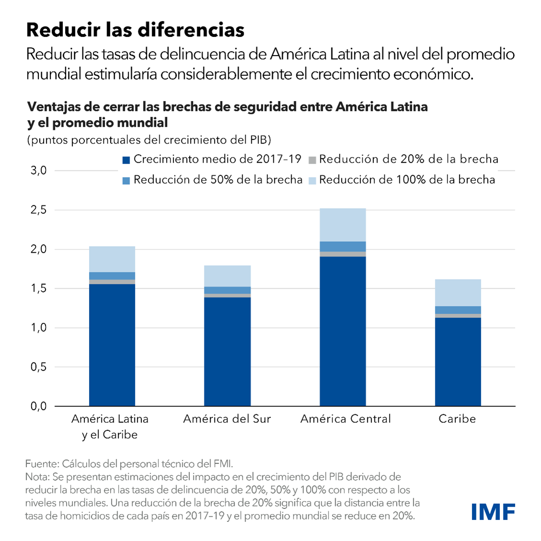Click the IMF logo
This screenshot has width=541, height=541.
pos(493,512)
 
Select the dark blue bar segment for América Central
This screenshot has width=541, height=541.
pos(343,330)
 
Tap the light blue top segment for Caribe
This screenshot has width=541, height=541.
pos(458,293)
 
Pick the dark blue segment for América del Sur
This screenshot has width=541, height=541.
pos(227,351)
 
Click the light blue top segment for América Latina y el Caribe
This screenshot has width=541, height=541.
pos(112,259)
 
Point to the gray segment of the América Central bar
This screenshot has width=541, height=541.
pos(343,254)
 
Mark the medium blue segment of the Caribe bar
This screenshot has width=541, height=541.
pos(458,310)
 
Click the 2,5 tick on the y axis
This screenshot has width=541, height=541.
pos(38,210)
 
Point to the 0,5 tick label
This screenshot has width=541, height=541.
pos(38,367)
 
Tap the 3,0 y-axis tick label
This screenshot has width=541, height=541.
pos(38,170)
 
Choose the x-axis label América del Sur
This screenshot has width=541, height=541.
pos(227,419)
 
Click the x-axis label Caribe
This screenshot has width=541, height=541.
pos(457,419)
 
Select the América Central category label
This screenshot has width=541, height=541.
pos(346,419)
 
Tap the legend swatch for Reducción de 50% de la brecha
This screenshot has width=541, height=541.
pos(126,181)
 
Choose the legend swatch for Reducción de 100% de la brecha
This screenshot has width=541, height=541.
pos(312,181)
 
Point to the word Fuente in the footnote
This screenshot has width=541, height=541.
pos(41,464)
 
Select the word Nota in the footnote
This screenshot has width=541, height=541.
pos(36,477)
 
